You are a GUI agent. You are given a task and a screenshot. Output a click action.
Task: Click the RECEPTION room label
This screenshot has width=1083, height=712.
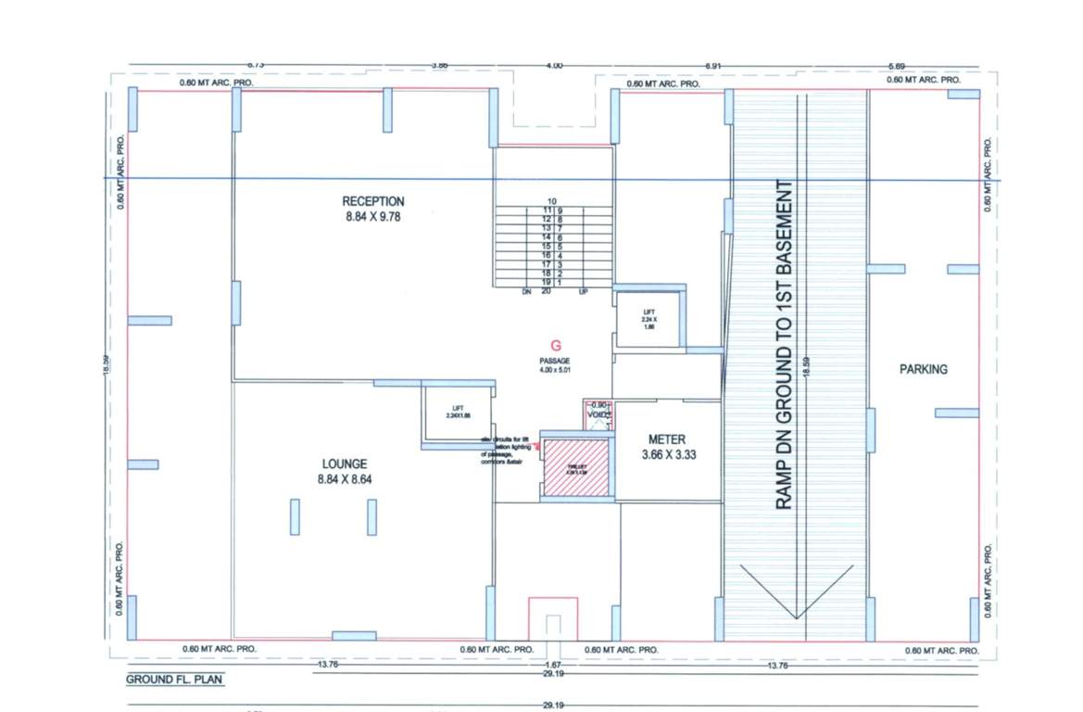(373, 201)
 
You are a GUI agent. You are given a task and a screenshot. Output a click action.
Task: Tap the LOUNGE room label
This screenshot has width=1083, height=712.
(345, 464)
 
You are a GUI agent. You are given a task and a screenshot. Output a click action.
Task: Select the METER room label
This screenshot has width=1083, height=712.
(667, 439)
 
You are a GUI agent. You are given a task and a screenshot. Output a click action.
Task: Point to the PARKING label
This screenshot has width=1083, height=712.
(924, 369)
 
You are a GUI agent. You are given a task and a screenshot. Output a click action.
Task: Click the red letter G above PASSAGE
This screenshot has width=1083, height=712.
(555, 344)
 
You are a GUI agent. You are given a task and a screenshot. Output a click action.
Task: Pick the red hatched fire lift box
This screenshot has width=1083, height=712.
(575, 467)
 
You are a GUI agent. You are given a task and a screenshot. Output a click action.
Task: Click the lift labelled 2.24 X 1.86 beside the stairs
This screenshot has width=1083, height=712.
(649, 320)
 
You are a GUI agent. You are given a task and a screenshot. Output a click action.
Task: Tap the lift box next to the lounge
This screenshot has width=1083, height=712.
(457, 413)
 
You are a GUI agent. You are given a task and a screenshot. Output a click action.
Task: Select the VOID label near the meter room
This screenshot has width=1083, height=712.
(598, 415)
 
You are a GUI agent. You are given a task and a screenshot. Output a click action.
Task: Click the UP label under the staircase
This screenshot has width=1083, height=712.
(583, 291)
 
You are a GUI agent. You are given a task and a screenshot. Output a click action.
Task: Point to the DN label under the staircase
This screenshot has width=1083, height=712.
(525, 291)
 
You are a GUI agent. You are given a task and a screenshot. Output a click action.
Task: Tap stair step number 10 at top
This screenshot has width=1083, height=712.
(551, 201)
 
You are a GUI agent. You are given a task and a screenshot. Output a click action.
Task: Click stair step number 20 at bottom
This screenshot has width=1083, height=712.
(547, 291)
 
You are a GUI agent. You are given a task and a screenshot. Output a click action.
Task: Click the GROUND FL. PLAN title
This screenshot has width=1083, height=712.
(174, 680)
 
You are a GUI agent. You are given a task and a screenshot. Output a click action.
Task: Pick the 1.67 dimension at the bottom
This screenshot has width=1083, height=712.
(552, 666)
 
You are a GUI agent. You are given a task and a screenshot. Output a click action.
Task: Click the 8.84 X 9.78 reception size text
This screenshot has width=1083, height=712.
(373, 217)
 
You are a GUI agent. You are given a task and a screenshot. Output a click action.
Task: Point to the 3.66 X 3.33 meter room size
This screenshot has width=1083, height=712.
(667, 455)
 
